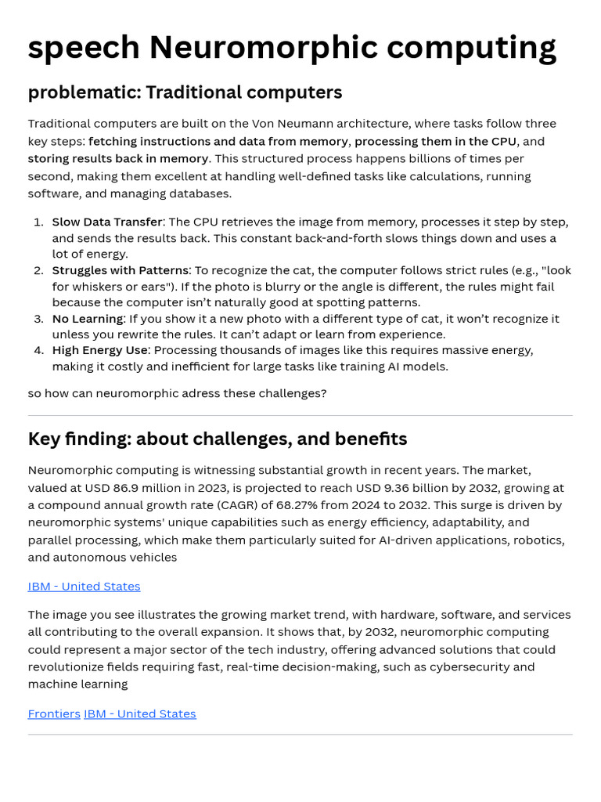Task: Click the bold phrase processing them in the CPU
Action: coord(435,141)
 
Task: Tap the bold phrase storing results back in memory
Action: coord(118,158)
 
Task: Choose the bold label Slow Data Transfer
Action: coord(107,222)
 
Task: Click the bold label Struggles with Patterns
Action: coord(120,270)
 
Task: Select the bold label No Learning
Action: coord(88,319)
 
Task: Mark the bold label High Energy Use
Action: coord(99,350)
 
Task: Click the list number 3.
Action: coord(38,319)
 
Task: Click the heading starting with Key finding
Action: coord(218,439)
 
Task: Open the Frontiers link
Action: coord(54,713)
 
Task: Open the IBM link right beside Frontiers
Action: coord(140,713)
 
